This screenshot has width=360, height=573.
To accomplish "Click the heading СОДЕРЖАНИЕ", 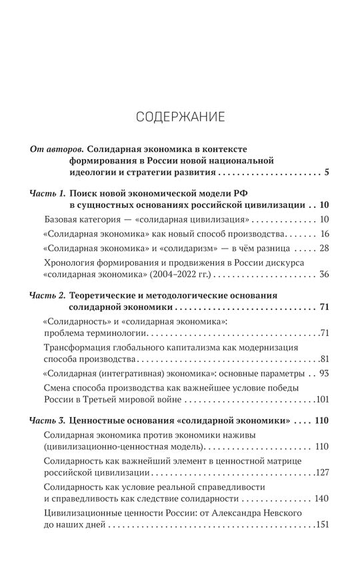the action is [180, 117].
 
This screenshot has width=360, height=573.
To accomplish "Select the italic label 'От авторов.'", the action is [57, 149].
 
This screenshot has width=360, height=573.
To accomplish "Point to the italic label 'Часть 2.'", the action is [48, 294].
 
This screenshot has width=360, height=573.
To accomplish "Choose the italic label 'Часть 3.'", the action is [48, 421].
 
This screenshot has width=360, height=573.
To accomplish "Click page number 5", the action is [327, 175].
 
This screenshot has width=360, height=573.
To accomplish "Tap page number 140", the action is [323, 498].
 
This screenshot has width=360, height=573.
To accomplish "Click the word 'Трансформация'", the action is [77, 348].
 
